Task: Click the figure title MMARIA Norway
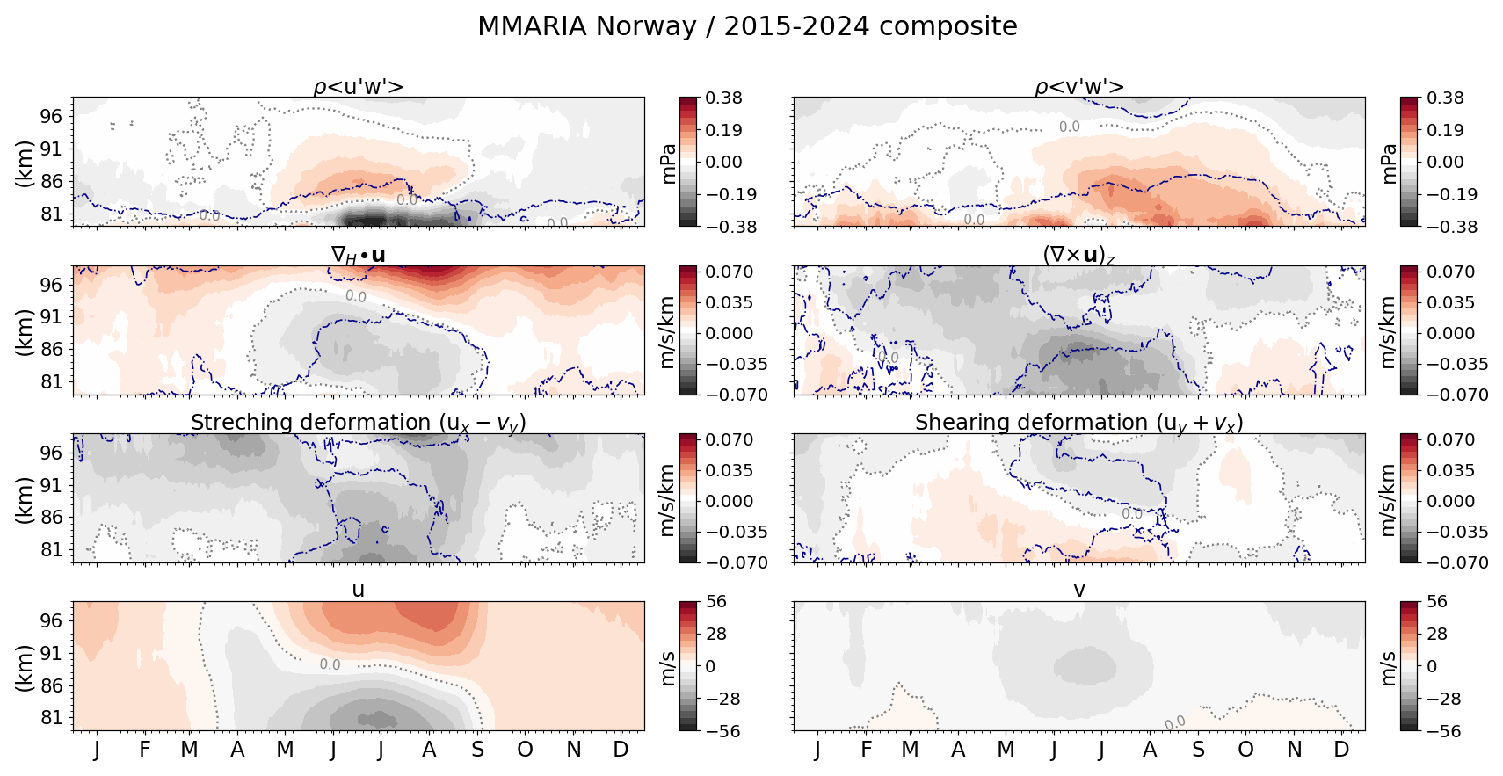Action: [x=747, y=26]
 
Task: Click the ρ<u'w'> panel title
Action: [x=358, y=87]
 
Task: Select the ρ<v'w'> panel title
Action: [x=1079, y=87]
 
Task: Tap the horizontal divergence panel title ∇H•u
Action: [x=358, y=255]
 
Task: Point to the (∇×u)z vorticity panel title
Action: [x=1079, y=255]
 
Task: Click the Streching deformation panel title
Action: [x=358, y=423]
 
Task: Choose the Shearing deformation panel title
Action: [x=1079, y=423]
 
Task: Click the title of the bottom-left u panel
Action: [x=358, y=590]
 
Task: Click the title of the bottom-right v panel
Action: [x=1079, y=590]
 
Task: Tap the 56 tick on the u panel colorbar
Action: [x=716, y=602]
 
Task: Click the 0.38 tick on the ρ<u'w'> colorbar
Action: [x=724, y=98]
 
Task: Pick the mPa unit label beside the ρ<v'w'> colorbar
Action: [x=1389, y=163]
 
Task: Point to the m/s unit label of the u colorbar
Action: [x=668, y=667]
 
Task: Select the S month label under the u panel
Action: [x=477, y=750]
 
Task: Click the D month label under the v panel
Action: [x=1341, y=750]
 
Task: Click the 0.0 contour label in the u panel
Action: [x=330, y=664]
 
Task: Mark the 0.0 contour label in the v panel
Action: [x=1174, y=722]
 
